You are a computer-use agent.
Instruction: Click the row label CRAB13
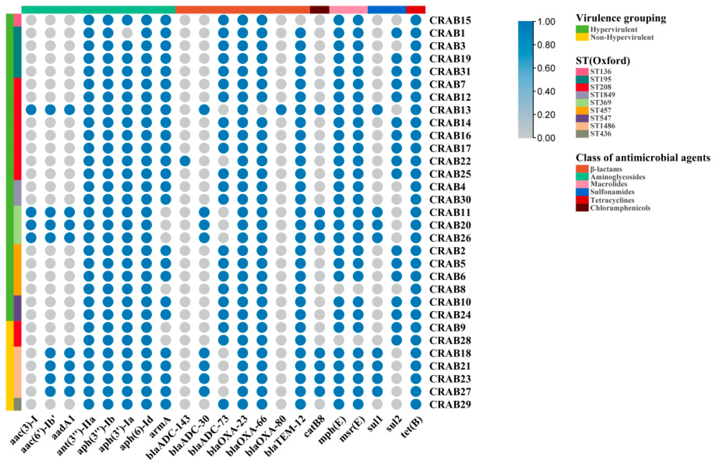point(450,110)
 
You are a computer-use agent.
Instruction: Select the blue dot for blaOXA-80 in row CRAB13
point(281,110)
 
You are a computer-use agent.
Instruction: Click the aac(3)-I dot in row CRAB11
point(31,212)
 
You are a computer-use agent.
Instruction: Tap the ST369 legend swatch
point(582,103)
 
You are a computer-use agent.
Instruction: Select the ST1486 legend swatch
point(582,126)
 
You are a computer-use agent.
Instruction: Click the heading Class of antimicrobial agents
point(643,158)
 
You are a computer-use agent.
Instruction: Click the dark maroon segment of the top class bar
point(319,10)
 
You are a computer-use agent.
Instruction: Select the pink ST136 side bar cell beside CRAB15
point(17,20)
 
